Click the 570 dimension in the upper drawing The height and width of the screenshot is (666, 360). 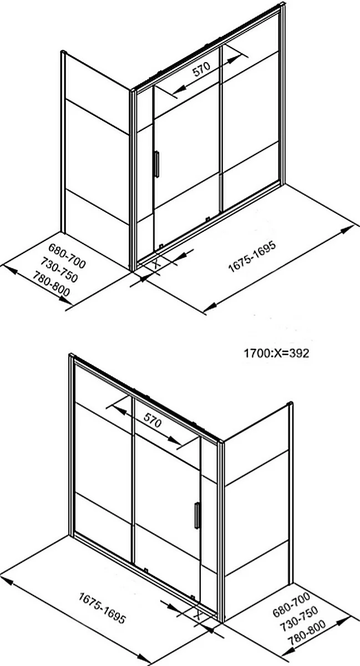pos(201,69)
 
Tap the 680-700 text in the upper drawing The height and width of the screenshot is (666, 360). pos(67,256)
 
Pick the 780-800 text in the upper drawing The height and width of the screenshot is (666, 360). pos(51,284)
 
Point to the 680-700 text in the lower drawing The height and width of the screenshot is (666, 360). pos(291,604)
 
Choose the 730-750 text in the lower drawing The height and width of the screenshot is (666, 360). pos(299,618)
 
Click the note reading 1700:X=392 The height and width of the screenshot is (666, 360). pos(276,353)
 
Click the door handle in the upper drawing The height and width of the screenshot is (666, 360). pos(156,164)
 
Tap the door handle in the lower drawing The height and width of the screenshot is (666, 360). pos(197,516)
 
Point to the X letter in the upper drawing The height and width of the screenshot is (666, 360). pos(156,263)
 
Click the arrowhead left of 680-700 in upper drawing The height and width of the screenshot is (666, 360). pos(9,269)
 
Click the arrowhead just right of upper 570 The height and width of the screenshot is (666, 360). pos(235,59)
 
